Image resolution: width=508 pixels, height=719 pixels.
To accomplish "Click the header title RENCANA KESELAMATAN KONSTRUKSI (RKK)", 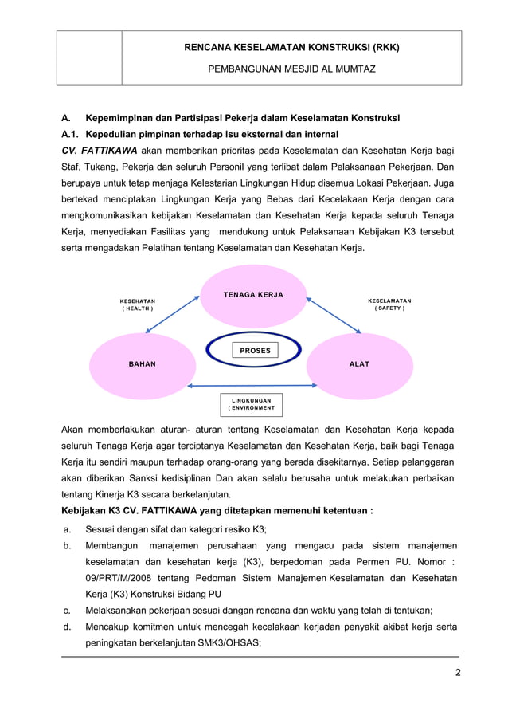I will [291, 47].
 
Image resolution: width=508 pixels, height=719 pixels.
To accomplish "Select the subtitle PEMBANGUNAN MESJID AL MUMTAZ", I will [291, 69].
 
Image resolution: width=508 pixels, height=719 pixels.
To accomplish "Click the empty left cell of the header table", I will [89, 58].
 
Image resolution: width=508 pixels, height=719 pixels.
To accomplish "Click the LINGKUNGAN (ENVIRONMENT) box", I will [251, 403].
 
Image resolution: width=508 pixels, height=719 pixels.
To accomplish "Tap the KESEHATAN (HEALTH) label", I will [138, 304].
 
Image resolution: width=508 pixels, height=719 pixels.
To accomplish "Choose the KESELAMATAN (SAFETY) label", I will [389, 304].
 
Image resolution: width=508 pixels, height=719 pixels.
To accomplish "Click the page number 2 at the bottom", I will [457, 672].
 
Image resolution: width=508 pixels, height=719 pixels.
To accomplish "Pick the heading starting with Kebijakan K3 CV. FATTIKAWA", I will [217, 512].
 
